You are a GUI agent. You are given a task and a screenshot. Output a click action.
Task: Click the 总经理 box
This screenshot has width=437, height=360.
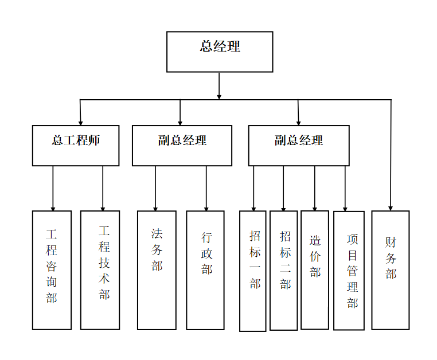[x=219, y=52]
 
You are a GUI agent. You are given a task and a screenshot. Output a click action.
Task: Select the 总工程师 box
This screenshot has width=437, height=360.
[x=76, y=146]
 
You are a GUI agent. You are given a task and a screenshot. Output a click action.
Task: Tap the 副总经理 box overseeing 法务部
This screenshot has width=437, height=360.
[x=182, y=146]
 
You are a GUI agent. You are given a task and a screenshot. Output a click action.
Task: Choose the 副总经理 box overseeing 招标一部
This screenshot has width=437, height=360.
[x=298, y=146]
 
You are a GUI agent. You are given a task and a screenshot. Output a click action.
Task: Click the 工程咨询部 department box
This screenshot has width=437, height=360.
[x=52, y=270]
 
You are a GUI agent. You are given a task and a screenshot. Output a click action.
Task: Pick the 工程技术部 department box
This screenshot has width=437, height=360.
[x=100, y=270]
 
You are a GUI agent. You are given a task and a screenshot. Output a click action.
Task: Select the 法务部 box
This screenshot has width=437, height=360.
[x=157, y=270]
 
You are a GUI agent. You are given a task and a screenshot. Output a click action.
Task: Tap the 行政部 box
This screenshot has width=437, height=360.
[x=205, y=270]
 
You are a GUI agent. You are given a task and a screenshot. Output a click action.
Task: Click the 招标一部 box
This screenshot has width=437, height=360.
[x=253, y=271]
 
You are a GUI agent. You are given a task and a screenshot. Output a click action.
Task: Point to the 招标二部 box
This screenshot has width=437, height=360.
[x=283, y=271]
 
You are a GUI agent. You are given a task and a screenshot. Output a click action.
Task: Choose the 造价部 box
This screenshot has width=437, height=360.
[x=315, y=270]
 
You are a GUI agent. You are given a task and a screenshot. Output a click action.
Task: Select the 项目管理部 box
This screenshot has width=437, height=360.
[x=349, y=271]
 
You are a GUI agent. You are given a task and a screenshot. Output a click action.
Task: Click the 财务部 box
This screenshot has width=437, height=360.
[x=391, y=270]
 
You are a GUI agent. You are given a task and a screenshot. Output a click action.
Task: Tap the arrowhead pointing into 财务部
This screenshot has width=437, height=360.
[x=391, y=208]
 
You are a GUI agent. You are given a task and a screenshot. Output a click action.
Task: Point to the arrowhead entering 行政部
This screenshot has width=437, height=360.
[x=206, y=208]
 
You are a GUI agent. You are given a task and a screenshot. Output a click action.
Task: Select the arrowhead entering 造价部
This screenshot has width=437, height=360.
[x=314, y=208]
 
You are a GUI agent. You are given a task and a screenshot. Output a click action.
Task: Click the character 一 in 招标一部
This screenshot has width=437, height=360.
[x=255, y=267]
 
